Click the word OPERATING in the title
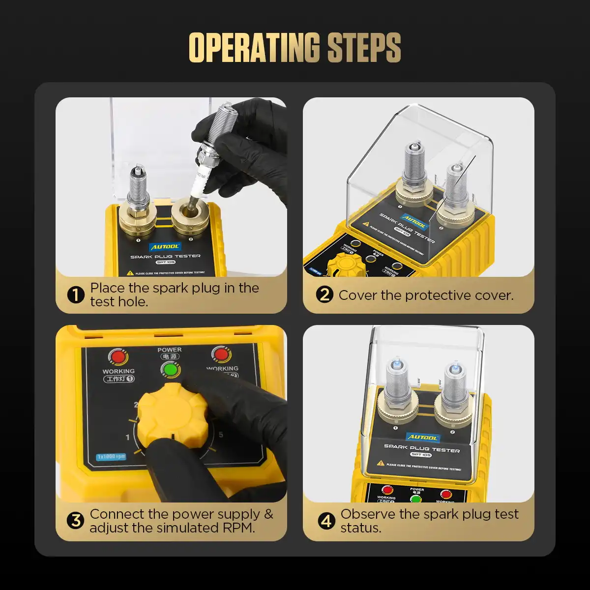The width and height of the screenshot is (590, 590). (x=255, y=48)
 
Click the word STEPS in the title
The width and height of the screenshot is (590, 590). (x=364, y=48)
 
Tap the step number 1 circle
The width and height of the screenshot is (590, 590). (x=76, y=295)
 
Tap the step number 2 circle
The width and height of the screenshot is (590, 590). (x=324, y=295)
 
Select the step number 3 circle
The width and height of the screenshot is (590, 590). (x=76, y=521)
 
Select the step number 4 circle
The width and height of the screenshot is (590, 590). (x=326, y=521)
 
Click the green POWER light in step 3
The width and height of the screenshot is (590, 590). (x=170, y=369)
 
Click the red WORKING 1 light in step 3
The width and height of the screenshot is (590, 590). (x=118, y=356)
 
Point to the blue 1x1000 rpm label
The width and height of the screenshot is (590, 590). (x=111, y=456)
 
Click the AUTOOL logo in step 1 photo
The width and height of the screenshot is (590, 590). (x=165, y=247)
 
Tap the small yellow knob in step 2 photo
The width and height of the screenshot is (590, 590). (x=344, y=265)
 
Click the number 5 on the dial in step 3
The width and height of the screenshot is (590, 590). (x=221, y=435)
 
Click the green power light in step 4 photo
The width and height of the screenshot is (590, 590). (x=416, y=499)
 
